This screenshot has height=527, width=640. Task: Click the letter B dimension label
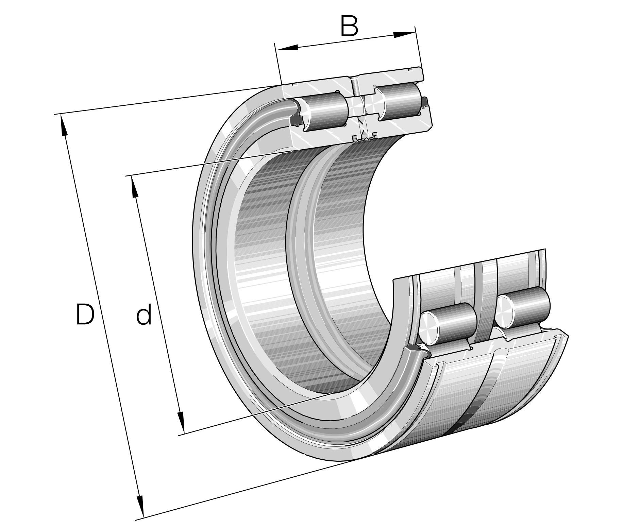349,26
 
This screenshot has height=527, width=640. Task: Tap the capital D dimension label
85,314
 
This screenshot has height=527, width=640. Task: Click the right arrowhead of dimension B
404,34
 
